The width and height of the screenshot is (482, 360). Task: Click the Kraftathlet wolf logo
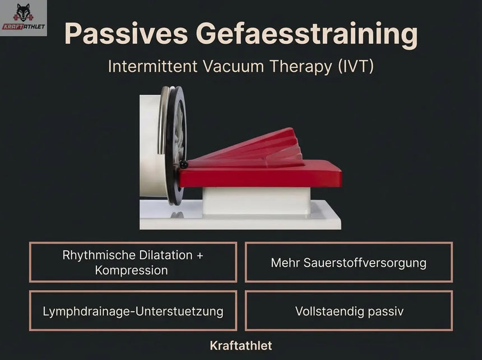click(24, 18)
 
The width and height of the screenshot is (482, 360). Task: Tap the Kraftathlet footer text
click(241, 345)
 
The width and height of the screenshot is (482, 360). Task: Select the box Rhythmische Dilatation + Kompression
click(133, 262)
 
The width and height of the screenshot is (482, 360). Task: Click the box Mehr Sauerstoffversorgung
click(349, 262)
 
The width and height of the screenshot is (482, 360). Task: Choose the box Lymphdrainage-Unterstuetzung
click(133, 311)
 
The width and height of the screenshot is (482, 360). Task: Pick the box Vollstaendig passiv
click(349, 311)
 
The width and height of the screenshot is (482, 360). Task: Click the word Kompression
click(131, 270)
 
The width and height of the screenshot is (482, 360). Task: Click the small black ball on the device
click(183, 164)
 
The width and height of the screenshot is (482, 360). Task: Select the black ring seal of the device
click(176, 145)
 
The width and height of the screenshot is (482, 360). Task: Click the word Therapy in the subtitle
click(298, 66)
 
